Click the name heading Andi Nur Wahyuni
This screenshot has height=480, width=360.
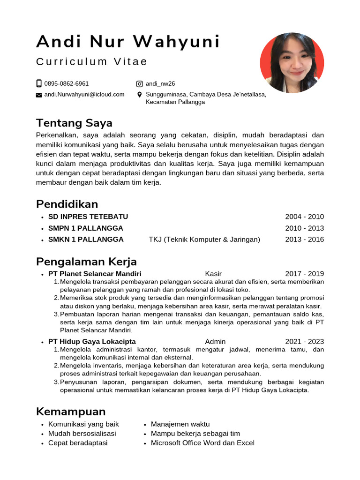coord(128,42)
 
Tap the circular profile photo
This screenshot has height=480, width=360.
coord(292,62)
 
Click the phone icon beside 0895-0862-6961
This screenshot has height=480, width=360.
coord(39,83)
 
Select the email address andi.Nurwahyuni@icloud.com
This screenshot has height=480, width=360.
coord(84,94)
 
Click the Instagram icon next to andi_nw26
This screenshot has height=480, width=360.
coord(139,84)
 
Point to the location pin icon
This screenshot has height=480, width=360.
coord(139,95)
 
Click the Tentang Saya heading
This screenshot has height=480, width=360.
coord(74,123)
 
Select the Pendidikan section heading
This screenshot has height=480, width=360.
coord(67,204)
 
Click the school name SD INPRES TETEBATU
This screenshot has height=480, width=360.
coord(88,217)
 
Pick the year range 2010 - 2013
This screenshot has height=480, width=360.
coord(304,228)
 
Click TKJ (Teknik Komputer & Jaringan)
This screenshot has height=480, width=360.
coord(204,240)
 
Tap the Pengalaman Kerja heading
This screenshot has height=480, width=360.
coord(86,261)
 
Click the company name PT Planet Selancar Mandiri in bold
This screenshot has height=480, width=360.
coord(95,274)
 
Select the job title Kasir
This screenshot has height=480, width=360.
coord(213,274)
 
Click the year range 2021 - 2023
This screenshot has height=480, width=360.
coord(304,342)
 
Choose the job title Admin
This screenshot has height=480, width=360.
coord(215,342)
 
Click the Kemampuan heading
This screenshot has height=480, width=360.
coord(71,412)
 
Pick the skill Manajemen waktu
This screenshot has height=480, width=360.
coord(180,424)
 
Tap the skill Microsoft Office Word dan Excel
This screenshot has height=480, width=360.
coord(202,443)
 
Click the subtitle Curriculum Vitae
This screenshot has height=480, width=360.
coord(92,62)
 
